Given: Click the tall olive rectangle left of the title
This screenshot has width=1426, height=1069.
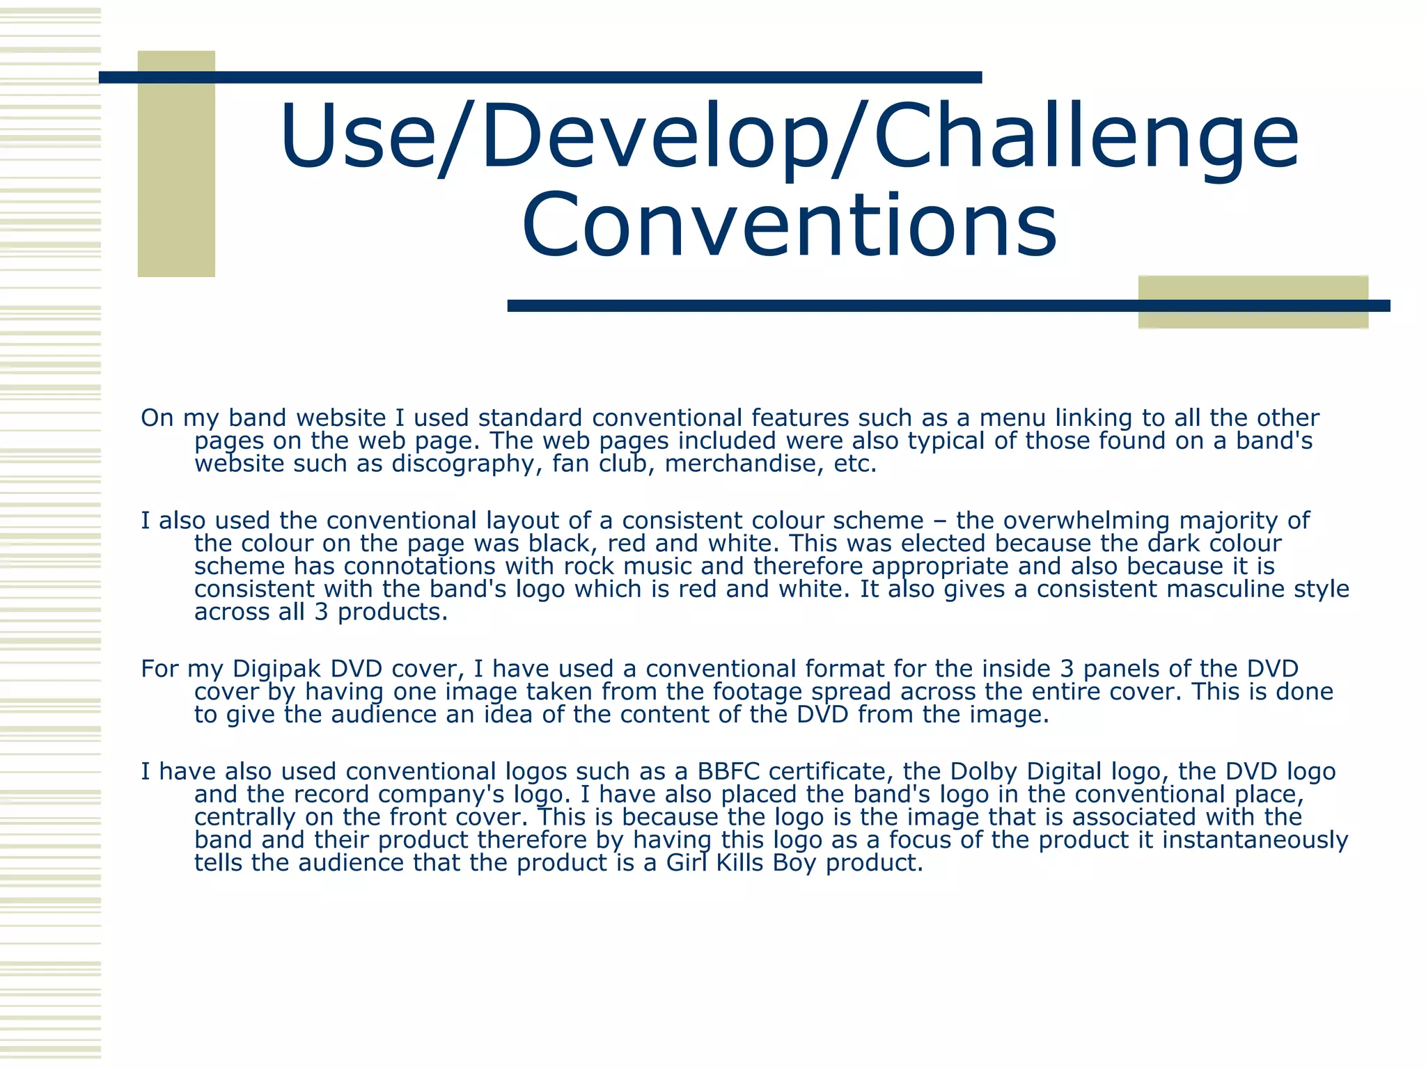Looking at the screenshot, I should click(x=176, y=164).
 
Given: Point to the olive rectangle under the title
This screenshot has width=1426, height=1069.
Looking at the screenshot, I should click(x=1253, y=302).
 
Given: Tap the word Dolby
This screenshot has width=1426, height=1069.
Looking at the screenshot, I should click(x=983, y=772).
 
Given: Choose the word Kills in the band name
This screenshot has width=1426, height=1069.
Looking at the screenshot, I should click(x=742, y=863).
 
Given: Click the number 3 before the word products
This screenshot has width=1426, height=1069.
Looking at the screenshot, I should click(x=321, y=612).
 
